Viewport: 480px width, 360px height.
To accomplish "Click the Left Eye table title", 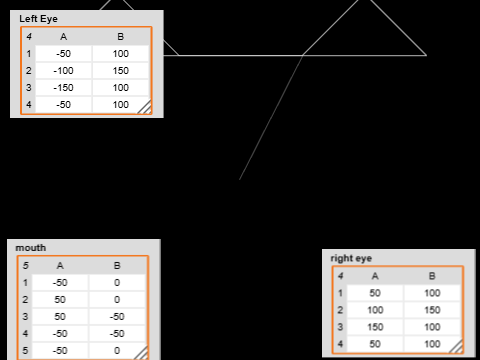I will [x=39, y=19].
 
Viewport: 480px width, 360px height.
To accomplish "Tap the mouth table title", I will [x=31, y=248].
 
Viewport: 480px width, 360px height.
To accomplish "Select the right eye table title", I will [x=351, y=258].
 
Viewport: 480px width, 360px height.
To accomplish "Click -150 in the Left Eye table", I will [x=64, y=88].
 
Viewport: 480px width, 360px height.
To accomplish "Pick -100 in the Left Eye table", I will [x=64, y=71].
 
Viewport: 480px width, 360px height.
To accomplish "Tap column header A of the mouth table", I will [x=59, y=266].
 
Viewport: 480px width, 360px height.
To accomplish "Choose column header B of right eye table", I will [x=432, y=276].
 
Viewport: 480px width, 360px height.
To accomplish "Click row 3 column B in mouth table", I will [x=117, y=316].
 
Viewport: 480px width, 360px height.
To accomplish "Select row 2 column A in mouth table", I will [x=59, y=299].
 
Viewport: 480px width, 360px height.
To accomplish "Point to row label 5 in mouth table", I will [x=25, y=350].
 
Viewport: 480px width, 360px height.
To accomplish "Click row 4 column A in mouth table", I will [x=59, y=333].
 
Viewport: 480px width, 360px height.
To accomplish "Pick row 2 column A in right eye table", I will [x=375, y=310].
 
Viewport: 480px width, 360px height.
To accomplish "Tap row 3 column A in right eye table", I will [x=375, y=327].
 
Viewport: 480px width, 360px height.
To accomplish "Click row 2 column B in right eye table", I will [x=432, y=310].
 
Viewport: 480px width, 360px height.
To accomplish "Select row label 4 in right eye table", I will [x=340, y=344].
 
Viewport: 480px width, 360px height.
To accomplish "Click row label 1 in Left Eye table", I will [x=29, y=53].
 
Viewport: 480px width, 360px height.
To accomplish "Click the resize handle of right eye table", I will [x=457, y=346].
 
